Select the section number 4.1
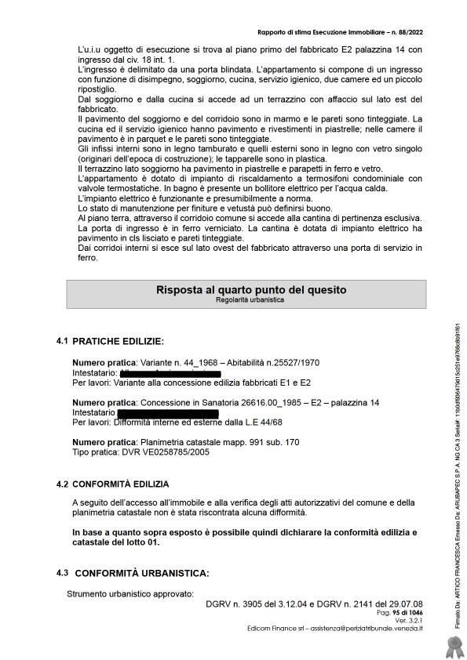[x=62, y=341]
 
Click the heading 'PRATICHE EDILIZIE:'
[x=119, y=342]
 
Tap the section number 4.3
[x=62, y=573]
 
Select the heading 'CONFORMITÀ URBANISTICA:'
[x=141, y=573]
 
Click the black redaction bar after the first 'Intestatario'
[x=169, y=374]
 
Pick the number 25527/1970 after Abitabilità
[x=297, y=364]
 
